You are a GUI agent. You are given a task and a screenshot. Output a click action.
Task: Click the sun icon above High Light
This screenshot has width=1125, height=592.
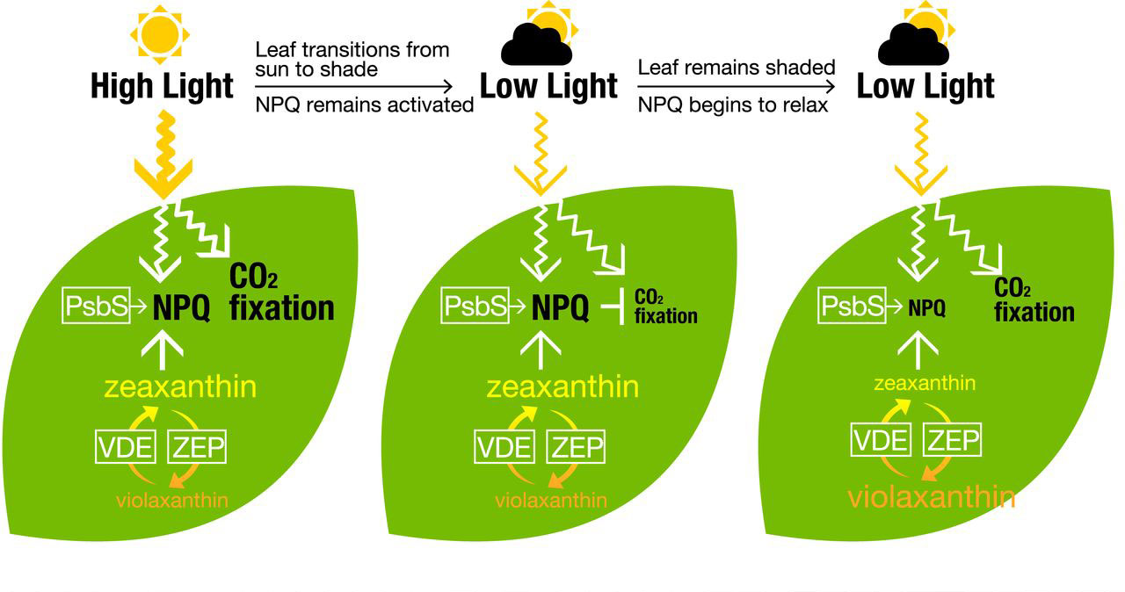tap(159, 34)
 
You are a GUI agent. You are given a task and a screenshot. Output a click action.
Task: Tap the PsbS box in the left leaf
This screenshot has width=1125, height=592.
tap(98, 306)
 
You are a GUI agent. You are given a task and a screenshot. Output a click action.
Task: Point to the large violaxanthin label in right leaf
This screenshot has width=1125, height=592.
tap(932, 497)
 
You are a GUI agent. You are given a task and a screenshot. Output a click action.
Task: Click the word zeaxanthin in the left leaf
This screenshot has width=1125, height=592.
tap(179, 387)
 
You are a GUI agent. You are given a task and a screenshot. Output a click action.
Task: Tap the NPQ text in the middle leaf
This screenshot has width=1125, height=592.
tap(562, 307)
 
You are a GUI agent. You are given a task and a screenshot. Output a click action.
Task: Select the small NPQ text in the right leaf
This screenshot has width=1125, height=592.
tap(926, 307)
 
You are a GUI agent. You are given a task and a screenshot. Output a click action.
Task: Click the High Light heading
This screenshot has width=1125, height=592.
tap(163, 86)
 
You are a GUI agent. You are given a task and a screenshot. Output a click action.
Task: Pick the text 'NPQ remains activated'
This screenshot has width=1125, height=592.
tap(365, 105)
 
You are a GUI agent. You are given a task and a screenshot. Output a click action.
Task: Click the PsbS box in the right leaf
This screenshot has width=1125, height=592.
tap(853, 306)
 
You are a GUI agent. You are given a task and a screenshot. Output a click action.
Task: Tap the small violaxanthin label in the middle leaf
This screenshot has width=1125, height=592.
tap(551, 501)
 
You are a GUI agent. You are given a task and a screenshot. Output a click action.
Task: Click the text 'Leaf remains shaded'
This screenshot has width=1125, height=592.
tap(737, 68)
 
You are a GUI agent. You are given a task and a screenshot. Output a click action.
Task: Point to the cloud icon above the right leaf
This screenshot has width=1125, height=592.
tap(914, 44)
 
